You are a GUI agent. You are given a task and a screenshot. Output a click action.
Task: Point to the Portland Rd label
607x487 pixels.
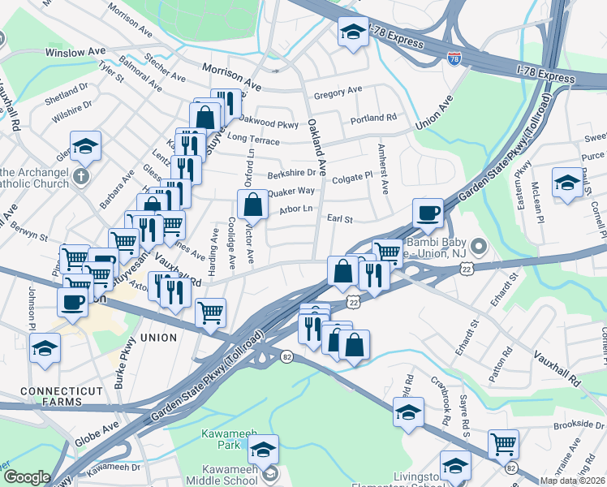tap(373, 119)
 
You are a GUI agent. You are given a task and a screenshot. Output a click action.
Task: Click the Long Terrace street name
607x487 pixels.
tap(254, 141)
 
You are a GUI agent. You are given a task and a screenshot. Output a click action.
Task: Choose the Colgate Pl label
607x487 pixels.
tap(351, 175)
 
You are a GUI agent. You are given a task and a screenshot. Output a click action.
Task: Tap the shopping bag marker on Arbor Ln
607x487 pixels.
tap(253, 206)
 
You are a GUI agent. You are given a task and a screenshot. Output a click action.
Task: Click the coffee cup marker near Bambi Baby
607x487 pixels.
tap(428, 213)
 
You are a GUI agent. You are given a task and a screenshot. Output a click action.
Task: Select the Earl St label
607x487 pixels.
tap(340, 219)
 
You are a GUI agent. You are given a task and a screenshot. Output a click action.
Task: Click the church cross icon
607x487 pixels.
tap(80, 176)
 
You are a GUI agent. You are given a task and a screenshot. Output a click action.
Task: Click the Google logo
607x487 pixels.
tap(27, 477)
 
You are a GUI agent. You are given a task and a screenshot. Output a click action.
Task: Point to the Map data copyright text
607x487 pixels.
tap(573, 481)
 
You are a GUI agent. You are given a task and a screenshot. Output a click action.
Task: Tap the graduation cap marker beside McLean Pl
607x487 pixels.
tap(566, 183)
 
